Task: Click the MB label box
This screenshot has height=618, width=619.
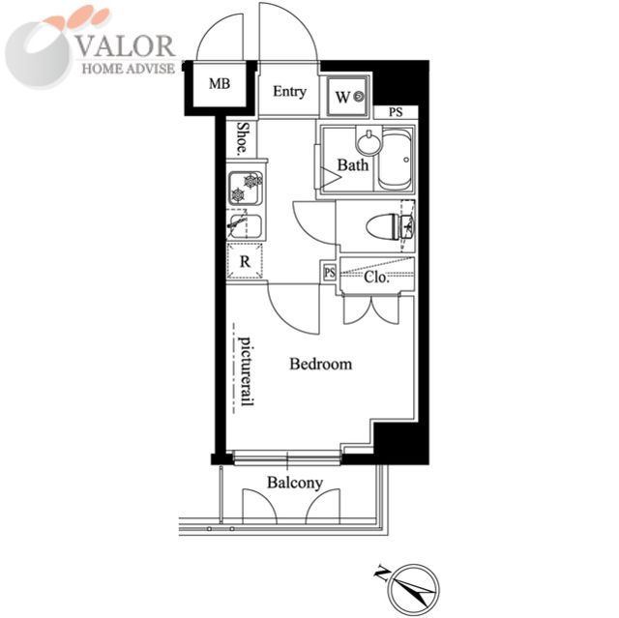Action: tap(220, 84)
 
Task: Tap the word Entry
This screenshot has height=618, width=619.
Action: tap(289, 92)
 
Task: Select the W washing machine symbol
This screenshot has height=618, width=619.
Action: tap(348, 96)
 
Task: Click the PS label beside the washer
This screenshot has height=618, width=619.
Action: tap(396, 112)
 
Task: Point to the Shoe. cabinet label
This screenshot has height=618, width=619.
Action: tap(243, 138)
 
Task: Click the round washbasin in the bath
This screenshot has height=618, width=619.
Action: tap(368, 141)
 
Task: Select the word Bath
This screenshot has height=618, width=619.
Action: tap(352, 165)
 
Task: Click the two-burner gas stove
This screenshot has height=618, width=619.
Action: tap(246, 188)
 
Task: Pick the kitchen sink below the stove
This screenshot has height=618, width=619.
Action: tap(245, 226)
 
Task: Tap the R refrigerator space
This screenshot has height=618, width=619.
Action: tap(245, 261)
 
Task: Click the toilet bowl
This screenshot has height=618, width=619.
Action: tap(390, 226)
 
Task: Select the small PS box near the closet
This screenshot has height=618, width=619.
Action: tap(330, 272)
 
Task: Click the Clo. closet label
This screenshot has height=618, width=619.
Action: tap(376, 277)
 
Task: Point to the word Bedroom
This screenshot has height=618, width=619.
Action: tap(320, 364)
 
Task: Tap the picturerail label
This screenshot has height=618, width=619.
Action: tap(246, 371)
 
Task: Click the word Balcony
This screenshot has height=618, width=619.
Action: tap(295, 483)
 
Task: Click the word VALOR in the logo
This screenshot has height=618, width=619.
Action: tap(126, 46)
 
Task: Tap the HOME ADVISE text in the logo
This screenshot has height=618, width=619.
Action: tap(129, 69)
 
